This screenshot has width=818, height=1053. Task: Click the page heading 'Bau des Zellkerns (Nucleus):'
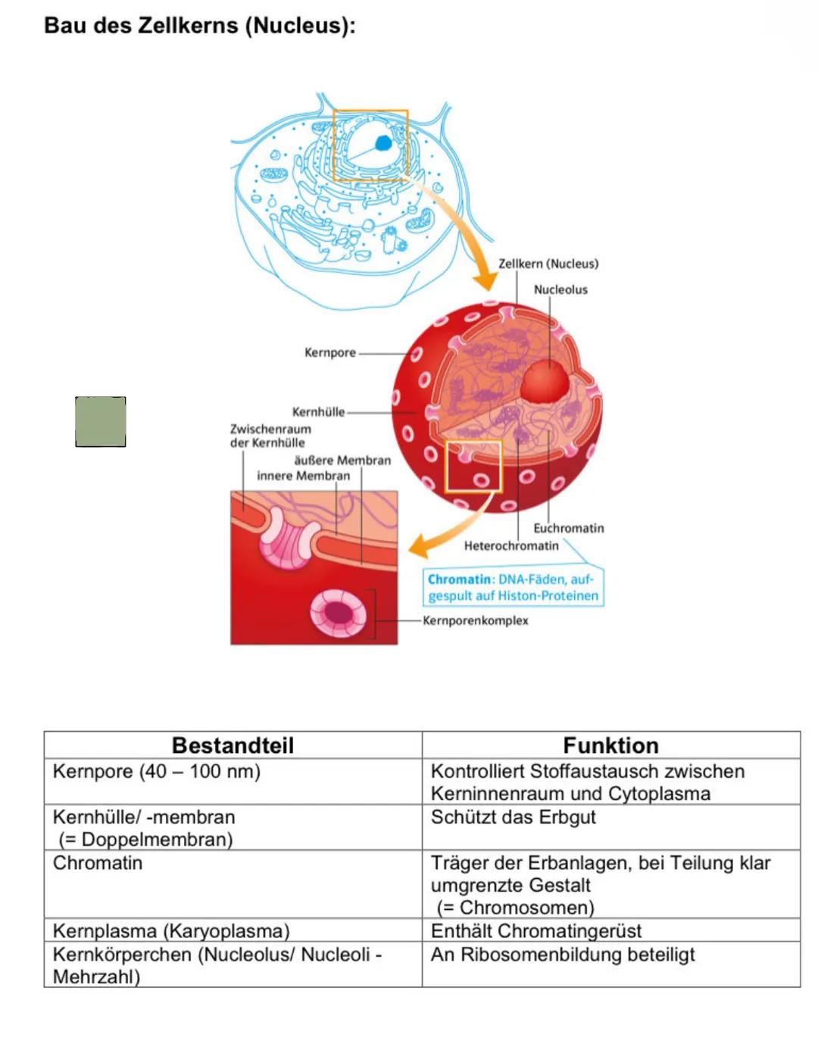click(199, 26)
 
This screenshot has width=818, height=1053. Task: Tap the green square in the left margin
click(101, 421)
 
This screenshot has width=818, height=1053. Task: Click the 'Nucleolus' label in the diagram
click(560, 289)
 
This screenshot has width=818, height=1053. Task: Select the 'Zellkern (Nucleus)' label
click(548, 264)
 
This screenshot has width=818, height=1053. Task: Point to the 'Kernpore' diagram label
click(329, 352)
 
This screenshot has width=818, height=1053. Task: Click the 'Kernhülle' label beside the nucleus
click(318, 412)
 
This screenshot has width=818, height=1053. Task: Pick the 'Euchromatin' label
click(568, 528)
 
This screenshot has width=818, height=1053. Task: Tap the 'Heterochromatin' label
click(511, 545)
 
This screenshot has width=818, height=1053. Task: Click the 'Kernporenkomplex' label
click(475, 620)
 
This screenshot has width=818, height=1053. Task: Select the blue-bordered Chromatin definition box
click(514, 587)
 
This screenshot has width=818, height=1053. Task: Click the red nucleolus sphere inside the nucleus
click(545, 381)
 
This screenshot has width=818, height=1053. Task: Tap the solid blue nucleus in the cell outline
click(383, 143)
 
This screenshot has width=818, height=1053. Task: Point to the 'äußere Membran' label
click(342, 460)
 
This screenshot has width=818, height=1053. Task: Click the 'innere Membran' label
click(303, 476)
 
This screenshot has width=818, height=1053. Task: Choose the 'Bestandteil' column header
click(233, 745)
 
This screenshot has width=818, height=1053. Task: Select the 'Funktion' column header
click(610, 745)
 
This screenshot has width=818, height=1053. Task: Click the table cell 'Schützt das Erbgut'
click(513, 817)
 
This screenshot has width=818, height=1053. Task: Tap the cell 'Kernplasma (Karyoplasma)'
click(171, 930)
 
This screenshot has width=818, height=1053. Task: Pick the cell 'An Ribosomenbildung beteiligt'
click(562, 955)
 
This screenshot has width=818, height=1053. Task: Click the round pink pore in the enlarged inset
click(338, 612)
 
